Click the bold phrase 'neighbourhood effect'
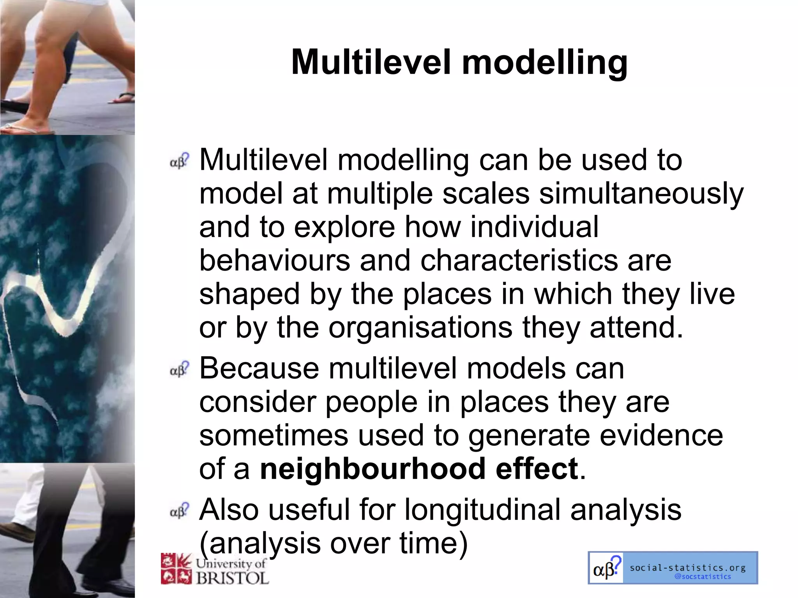click(x=419, y=469)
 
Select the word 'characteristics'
click(x=519, y=260)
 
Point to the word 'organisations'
click(x=420, y=327)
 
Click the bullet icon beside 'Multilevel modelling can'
click(x=179, y=161)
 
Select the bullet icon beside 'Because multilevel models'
click(x=179, y=369)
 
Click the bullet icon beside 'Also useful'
click(x=179, y=510)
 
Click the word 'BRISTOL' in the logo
click(x=232, y=578)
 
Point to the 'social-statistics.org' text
click(x=687, y=568)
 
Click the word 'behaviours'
click(x=274, y=260)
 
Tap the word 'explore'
click(x=344, y=227)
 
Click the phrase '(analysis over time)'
click(x=333, y=543)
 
